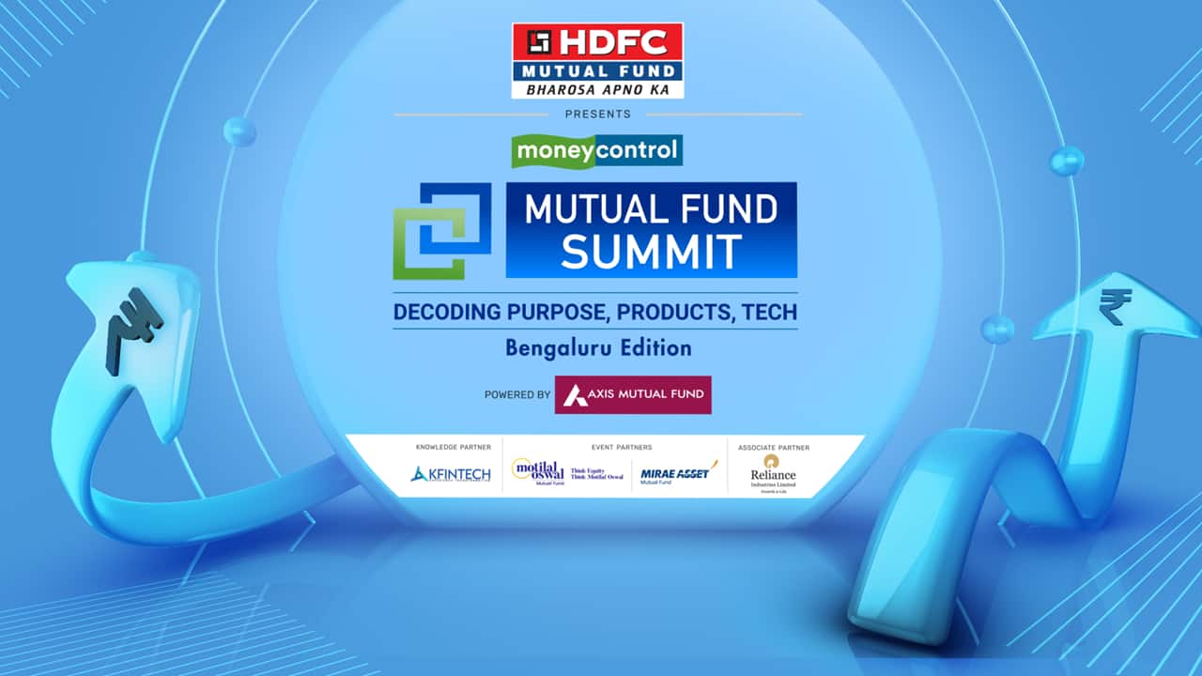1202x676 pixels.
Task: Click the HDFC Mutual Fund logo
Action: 597,60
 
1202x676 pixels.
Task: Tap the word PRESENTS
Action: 597,115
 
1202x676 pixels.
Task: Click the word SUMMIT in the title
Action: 651,252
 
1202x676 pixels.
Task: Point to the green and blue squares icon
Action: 441,231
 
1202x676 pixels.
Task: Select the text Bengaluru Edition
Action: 597,347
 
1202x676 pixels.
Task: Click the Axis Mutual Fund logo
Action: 633,395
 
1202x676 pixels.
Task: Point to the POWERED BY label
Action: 517,395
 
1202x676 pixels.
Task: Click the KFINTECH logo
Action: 451,474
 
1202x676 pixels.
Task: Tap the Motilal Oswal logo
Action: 566,472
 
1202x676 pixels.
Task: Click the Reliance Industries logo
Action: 773,471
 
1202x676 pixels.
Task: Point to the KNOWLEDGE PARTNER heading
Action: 453,448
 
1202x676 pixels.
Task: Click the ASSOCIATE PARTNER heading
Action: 773,448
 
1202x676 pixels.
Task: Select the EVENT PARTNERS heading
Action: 622,448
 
